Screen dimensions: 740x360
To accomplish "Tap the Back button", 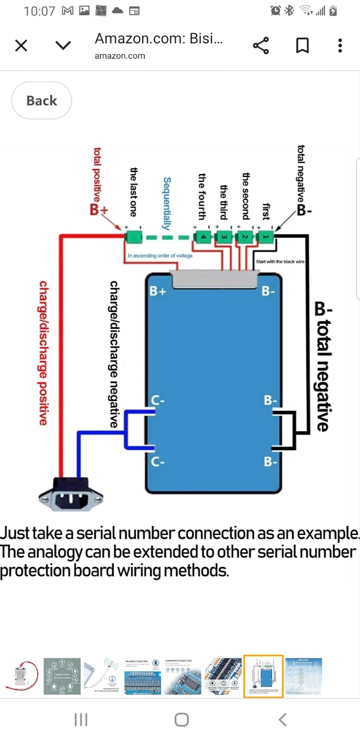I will coord(42,100).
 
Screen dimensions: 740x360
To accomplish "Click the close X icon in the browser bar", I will coord(21,45).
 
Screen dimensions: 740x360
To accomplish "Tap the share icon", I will coord(261,45).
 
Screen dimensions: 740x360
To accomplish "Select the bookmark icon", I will coord(302,45).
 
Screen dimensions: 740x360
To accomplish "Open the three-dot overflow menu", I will coord(340,45).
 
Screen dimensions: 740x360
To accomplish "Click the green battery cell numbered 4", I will coord(202,237).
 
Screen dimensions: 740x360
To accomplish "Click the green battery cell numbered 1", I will coord(266,237).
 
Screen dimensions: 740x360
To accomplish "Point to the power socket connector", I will coord(70,496).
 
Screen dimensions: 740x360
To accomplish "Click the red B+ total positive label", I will coord(98,210).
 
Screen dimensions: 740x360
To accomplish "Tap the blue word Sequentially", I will coord(167,203).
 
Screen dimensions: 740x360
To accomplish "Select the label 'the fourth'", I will coord(202,196).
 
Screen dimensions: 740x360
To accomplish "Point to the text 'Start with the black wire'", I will coord(280,261).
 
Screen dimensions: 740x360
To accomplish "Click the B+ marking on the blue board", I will coord(158,291).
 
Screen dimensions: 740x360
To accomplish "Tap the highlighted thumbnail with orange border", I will coord(263,676).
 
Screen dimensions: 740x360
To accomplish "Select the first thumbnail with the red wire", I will coord(21,676).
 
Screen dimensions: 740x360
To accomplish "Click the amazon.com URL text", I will coord(120,56).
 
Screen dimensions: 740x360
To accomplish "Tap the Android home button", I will coord(181,720).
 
